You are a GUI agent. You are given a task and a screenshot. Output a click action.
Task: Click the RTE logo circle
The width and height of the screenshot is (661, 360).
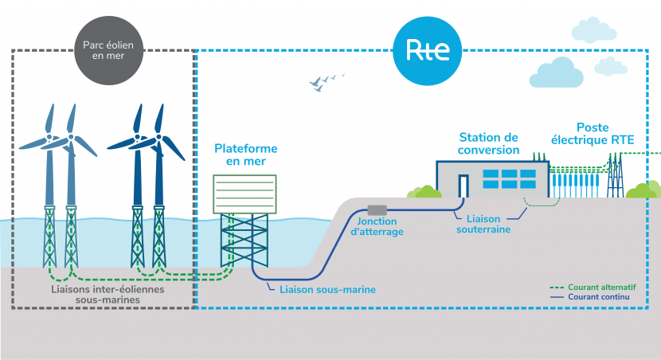[x=427, y=51]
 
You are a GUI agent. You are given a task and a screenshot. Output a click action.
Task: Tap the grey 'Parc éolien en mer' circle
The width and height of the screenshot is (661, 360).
[x=109, y=51]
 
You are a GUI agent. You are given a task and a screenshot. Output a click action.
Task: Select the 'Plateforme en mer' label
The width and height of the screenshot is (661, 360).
[x=246, y=155]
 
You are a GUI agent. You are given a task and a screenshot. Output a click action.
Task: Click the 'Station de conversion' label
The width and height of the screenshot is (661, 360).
[x=489, y=143]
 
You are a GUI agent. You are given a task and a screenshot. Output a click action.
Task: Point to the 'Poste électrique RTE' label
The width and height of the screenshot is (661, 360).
[x=593, y=134]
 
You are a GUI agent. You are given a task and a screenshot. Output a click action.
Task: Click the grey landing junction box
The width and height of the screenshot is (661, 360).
[x=377, y=210]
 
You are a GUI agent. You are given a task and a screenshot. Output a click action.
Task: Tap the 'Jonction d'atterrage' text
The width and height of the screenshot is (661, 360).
[x=377, y=226]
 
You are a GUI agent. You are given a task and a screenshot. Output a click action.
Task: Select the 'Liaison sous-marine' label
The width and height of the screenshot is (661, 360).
[x=327, y=290]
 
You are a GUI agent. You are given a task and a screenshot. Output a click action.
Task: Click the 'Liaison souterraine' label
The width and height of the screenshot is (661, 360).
[x=483, y=224]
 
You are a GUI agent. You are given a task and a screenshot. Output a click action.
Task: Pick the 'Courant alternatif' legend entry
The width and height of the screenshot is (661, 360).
[x=593, y=287]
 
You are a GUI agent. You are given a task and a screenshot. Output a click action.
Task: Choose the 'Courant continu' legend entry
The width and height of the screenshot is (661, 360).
[x=590, y=297]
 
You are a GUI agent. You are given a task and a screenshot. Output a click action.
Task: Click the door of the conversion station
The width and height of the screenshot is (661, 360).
[x=463, y=186]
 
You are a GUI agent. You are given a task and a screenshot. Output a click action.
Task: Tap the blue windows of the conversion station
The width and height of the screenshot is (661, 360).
[x=509, y=178]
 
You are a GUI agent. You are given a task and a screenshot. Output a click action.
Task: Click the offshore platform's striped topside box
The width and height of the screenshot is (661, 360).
[x=245, y=194]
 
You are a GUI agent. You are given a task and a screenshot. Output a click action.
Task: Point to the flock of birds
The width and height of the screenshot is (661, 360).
[x=327, y=82]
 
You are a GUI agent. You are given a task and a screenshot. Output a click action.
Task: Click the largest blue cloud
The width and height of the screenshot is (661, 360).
[x=556, y=73]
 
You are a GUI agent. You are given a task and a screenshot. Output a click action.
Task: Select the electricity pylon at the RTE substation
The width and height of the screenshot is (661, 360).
[x=615, y=175]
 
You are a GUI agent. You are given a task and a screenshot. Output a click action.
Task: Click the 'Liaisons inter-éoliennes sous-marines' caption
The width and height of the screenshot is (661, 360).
[x=108, y=294]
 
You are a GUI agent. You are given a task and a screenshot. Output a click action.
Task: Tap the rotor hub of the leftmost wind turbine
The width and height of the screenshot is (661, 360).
[x=49, y=138]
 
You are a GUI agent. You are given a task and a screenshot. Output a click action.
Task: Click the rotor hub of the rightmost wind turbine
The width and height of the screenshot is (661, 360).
[x=159, y=137]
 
